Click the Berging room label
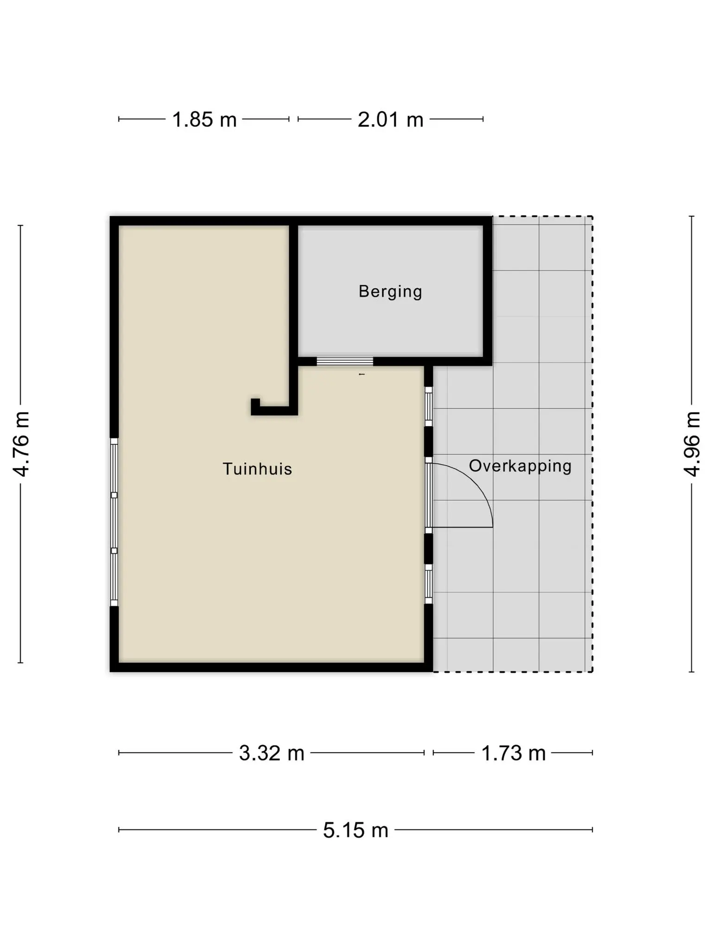coord(390,291)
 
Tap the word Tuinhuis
coord(257,469)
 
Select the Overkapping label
coord(520,466)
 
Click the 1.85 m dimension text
coord(204,120)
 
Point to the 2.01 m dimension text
coord(391,120)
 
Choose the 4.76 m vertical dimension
coord(21,444)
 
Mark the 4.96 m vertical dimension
coord(692,444)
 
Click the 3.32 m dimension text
coord(272,753)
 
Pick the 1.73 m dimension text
coord(514,753)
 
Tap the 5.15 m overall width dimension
coord(356,830)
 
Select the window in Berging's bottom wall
coord(345,361)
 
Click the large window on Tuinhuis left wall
coord(114,522)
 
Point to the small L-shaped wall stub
coord(273,410)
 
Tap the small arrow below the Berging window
coord(362,374)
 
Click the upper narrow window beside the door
coord(429,406)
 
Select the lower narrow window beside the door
coord(429,584)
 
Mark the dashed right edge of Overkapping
coord(592,444)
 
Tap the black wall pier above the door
coord(429,442)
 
